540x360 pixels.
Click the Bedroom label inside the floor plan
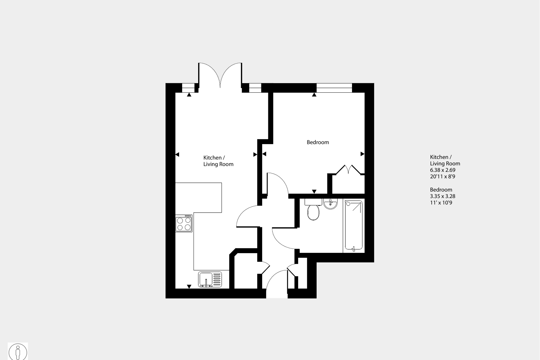pos(318,142)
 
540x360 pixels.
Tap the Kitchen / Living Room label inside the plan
pos(218,161)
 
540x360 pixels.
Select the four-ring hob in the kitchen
pos(184,223)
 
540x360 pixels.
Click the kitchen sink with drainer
pos(210,279)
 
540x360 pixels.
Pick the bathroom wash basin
pos(330,203)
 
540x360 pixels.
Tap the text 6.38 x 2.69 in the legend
pos(443,170)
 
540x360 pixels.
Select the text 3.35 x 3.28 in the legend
pos(443,196)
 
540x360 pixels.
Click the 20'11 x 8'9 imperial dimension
pos(443,176)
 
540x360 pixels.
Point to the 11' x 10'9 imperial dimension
pos(441,203)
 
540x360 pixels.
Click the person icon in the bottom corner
pos(18,352)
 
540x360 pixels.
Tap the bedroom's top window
pos(334,88)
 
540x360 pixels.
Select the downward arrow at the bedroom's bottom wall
pos(314,191)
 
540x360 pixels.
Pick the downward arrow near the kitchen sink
pos(189,287)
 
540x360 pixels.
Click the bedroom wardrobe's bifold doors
pos(348,169)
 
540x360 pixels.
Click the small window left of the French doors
pos(188,88)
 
